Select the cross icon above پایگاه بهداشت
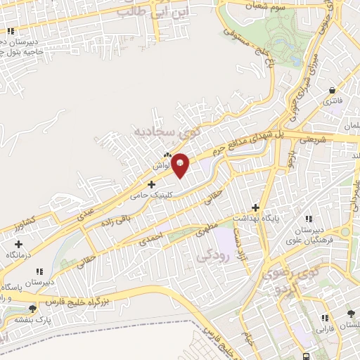point(255,207)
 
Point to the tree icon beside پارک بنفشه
point(32,309)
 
